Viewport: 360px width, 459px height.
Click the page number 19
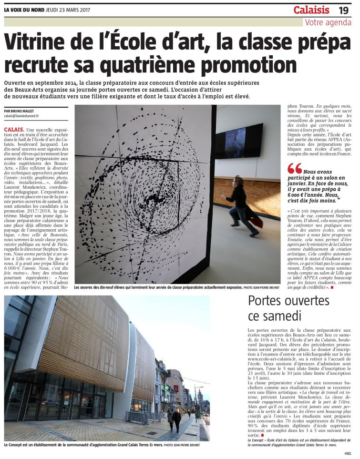[x=344, y=10]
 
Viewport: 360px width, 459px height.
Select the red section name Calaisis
[x=311, y=10]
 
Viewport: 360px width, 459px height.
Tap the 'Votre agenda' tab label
[x=328, y=22]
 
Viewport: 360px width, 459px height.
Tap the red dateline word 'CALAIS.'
[x=13, y=130]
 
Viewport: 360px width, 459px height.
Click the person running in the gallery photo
[x=241, y=206]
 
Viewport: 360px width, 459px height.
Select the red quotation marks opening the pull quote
[x=295, y=168]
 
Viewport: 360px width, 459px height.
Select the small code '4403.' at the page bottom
[x=347, y=453]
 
